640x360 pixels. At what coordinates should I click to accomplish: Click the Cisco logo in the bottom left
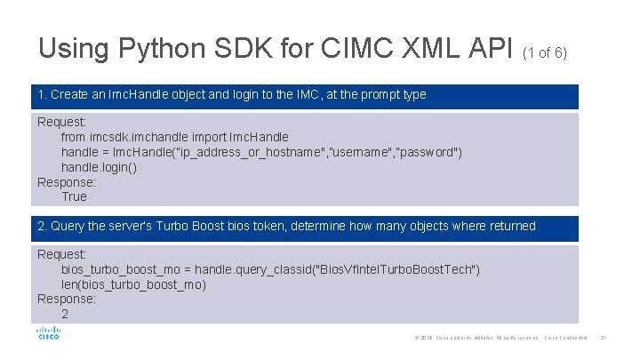click(x=48, y=334)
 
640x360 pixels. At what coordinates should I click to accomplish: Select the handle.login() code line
click(x=99, y=167)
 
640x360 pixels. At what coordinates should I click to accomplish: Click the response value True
click(x=74, y=196)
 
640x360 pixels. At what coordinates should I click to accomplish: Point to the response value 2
click(x=65, y=314)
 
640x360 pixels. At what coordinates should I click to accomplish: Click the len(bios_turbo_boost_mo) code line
click(x=133, y=284)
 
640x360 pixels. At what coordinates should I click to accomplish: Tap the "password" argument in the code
click(x=426, y=152)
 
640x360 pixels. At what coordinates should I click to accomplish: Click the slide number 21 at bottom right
click(x=603, y=338)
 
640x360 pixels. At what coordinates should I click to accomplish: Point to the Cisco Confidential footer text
click(x=565, y=338)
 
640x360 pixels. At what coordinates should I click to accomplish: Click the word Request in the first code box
click(x=61, y=122)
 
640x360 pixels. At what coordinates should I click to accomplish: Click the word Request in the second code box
click(x=61, y=254)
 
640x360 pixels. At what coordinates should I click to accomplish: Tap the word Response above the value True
click(x=66, y=181)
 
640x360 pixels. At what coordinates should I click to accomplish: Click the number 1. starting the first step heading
click(x=43, y=94)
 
